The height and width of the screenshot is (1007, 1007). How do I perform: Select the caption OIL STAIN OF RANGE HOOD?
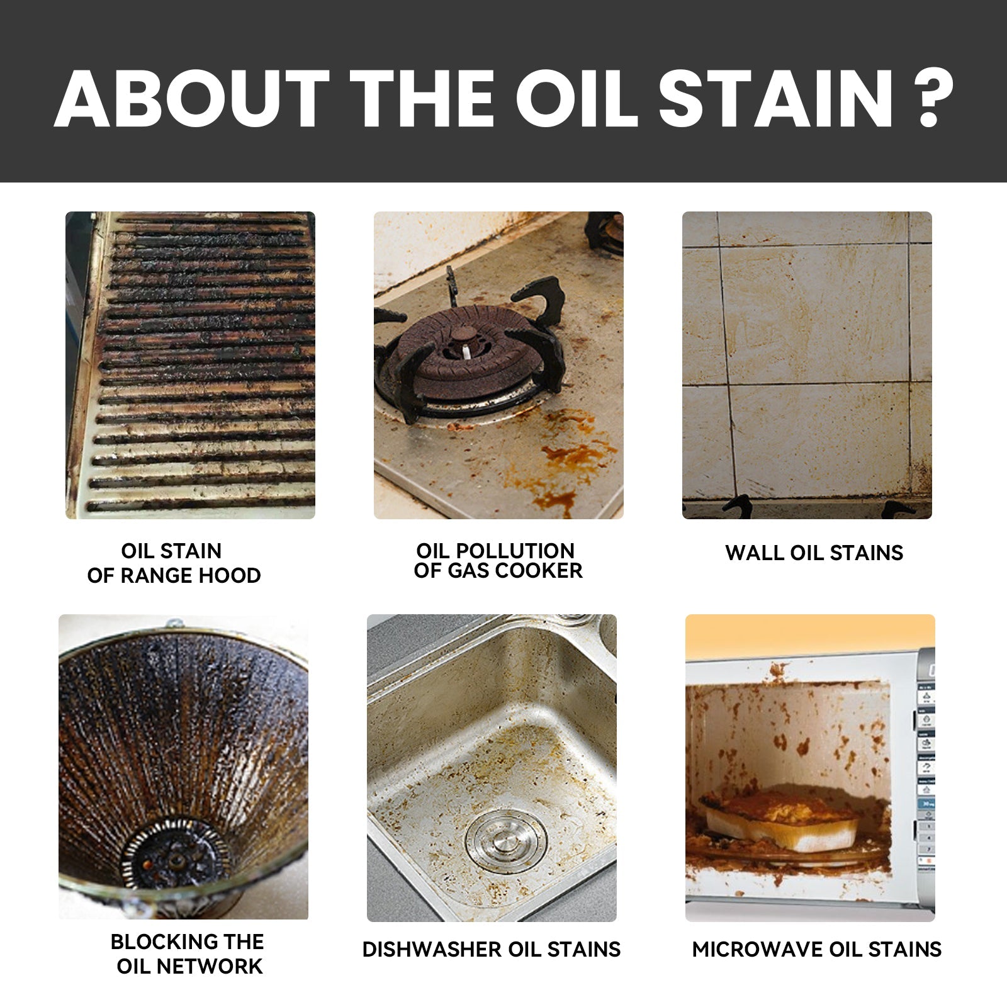click(x=173, y=563)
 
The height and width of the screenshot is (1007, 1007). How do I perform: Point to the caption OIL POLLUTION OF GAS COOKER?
click(x=498, y=561)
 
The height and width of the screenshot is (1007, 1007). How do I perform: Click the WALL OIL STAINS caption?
click(x=814, y=553)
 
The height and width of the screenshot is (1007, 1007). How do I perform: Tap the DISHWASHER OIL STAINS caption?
click(x=491, y=949)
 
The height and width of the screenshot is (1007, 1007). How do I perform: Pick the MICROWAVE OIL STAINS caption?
click(x=816, y=949)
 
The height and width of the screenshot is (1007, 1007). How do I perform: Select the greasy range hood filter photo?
click(x=190, y=365)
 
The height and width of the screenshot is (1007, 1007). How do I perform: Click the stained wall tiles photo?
click(x=807, y=365)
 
